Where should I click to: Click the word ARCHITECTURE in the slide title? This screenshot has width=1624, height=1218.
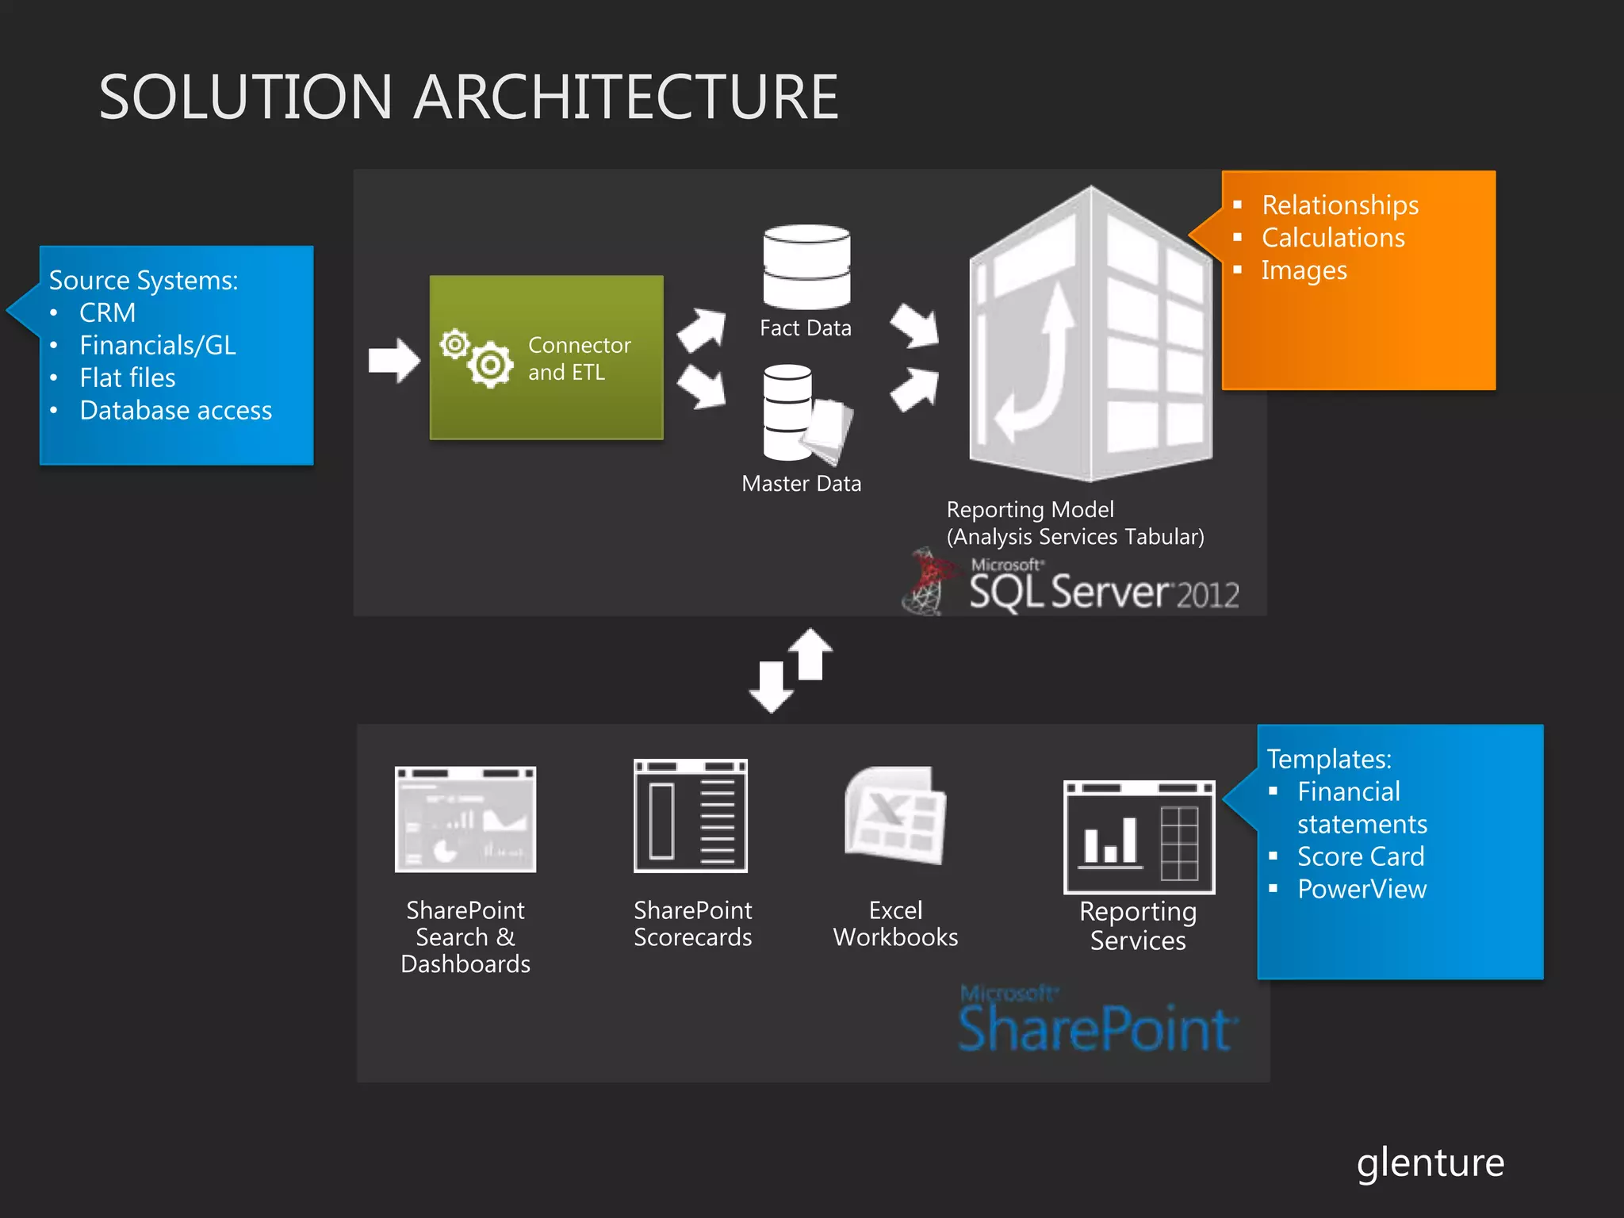point(626,97)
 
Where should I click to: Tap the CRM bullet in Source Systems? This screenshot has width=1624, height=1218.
point(107,312)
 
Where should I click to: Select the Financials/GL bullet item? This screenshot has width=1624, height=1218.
point(158,345)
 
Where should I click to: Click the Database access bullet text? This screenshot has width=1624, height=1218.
point(175,410)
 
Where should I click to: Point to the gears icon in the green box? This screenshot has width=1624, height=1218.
point(478,357)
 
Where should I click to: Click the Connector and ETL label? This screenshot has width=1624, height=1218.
point(579,358)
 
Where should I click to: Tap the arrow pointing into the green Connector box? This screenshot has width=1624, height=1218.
point(393,360)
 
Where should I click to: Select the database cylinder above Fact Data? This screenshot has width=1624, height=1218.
point(806,266)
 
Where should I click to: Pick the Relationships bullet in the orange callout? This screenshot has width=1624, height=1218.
point(1340,205)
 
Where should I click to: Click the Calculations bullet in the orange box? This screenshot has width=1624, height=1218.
point(1333,237)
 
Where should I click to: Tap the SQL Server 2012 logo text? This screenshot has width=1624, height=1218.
point(1103,592)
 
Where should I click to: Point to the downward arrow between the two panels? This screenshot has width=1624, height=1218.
point(771,687)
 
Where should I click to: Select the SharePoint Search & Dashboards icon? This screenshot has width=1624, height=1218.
point(465,819)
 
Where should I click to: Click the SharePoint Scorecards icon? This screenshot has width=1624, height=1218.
point(691,816)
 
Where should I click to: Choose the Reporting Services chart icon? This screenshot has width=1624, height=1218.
point(1139,837)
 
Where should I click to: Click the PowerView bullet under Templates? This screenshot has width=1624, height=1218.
point(1362,889)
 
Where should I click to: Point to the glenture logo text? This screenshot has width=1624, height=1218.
point(1430,1163)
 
